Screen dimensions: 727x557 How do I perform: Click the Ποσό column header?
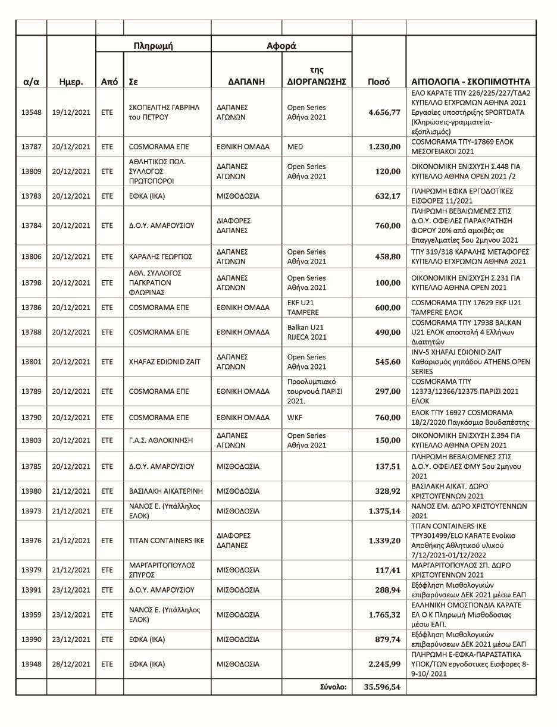pos(378,82)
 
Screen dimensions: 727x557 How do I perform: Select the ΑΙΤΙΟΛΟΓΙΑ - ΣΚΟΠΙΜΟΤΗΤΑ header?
pos(470,82)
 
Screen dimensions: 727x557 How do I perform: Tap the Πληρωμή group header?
pos(153,46)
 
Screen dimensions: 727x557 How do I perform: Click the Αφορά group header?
pos(281,46)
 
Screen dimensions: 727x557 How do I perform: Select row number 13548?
pos(31,112)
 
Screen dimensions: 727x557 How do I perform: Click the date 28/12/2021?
pos(71,664)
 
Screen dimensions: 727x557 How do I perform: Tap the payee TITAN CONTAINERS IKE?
pos(166,541)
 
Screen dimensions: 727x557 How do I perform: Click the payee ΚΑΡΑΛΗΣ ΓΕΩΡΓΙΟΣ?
pos(160,256)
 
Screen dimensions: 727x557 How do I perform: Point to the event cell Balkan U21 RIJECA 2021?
pos(306,332)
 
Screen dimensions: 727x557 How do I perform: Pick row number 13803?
pos(31,440)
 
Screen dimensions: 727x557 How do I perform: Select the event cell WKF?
pos(295,418)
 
